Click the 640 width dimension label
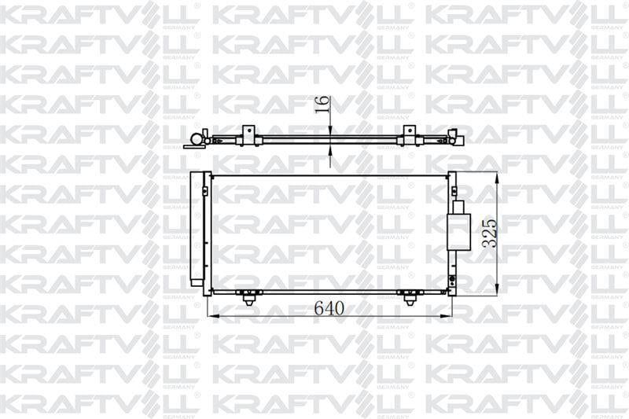point(329,308)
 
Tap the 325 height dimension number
point(489,233)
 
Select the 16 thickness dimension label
point(322,105)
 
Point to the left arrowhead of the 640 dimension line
point(212,316)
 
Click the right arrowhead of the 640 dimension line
point(446,316)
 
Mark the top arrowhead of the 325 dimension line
point(497,178)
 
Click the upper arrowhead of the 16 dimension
point(329,130)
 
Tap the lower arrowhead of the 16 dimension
point(329,150)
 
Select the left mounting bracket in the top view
point(248,135)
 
